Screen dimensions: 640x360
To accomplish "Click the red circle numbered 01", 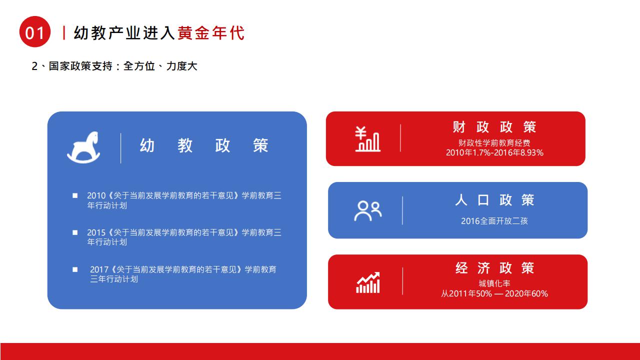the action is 35,31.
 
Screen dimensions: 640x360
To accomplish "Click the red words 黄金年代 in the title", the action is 211,33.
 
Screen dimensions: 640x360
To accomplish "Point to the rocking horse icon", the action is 83,147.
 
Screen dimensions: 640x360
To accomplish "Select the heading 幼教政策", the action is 204,145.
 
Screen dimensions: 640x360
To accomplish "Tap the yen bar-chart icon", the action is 367,139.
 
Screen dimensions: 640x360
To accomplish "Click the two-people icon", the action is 368,211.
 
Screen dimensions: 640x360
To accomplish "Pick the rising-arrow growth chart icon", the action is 368,282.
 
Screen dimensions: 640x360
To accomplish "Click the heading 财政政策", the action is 494,127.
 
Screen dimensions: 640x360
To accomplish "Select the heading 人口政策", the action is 494,200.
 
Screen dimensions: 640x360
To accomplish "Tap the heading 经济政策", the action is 494,268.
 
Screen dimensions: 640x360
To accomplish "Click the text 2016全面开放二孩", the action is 494,221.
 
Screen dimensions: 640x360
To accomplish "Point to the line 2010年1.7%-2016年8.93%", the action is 494,153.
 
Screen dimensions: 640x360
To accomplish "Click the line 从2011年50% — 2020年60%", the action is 494,293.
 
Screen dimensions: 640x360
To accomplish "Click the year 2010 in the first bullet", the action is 96,195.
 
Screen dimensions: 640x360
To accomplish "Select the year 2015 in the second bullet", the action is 96,232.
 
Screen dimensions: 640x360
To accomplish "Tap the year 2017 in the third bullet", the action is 99,269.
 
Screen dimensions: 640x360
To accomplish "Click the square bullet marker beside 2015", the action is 75,232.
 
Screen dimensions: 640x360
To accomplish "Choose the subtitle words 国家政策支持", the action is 80,66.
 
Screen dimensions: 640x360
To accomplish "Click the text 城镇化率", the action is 494,283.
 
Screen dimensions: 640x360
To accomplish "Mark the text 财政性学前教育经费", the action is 494,143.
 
